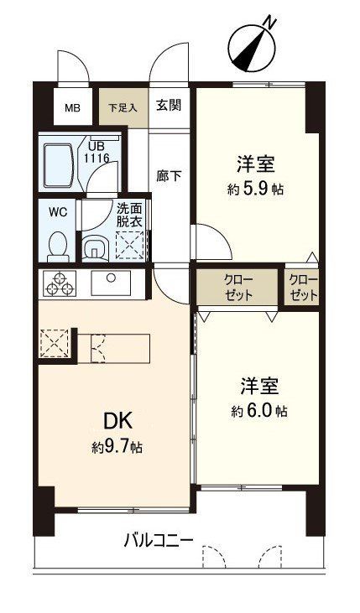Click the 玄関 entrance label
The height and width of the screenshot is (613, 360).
click(168, 106)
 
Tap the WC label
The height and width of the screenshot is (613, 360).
click(57, 211)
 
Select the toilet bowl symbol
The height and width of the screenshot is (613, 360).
click(58, 244)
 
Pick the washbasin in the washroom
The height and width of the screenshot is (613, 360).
click(94, 247)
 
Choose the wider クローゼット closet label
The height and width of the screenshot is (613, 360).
click(237, 287)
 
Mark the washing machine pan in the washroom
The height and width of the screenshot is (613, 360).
click(129, 247)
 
